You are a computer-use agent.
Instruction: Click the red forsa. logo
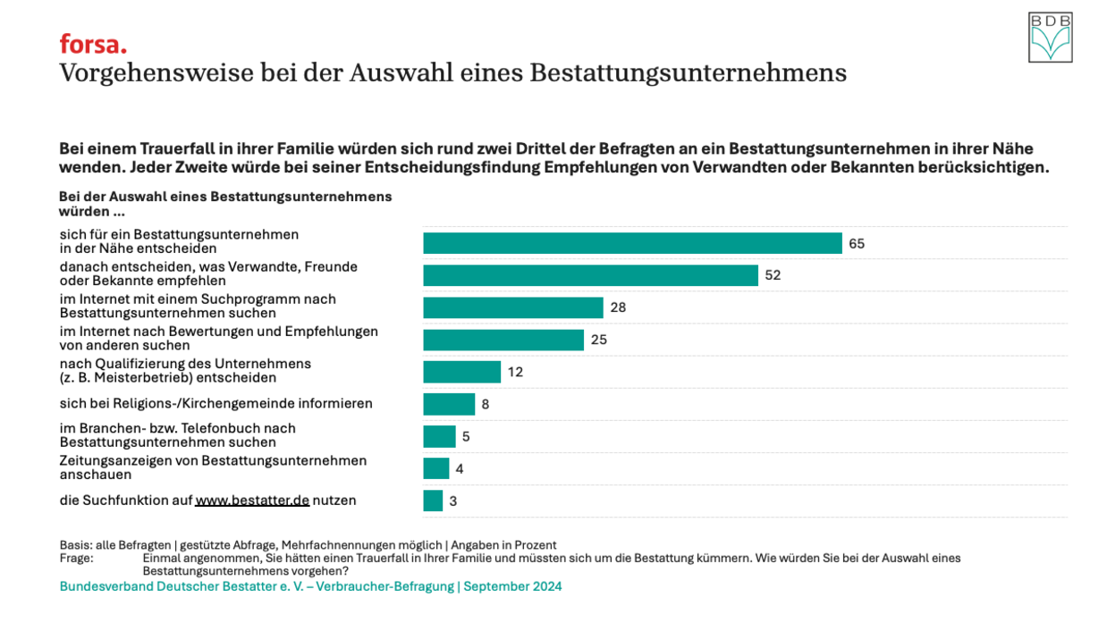(x=93, y=44)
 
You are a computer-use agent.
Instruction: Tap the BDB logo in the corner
(x=1050, y=38)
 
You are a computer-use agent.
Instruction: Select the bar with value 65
(x=632, y=243)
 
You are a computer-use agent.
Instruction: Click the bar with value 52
(x=590, y=275)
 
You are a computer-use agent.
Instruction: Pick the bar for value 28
(x=513, y=307)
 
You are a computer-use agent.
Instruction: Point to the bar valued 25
(x=503, y=340)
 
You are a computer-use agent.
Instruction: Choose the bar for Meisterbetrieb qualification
(x=461, y=372)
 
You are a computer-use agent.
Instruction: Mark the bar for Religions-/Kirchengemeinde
(x=449, y=404)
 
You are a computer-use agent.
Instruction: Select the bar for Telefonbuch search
(x=439, y=436)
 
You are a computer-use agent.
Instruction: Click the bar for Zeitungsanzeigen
(x=436, y=468)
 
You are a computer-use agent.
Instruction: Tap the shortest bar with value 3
(x=433, y=501)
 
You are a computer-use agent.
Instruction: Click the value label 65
(x=857, y=243)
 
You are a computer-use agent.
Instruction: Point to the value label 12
(x=515, y=372)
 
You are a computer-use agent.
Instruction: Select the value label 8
(x=486, y=404)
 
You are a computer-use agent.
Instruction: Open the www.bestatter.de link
(x=252, y=501)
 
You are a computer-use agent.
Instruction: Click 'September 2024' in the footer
(x=512, y=586)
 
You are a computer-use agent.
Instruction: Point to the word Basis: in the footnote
(x=75, y=545)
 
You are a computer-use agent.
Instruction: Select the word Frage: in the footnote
(x=76, y=558)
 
